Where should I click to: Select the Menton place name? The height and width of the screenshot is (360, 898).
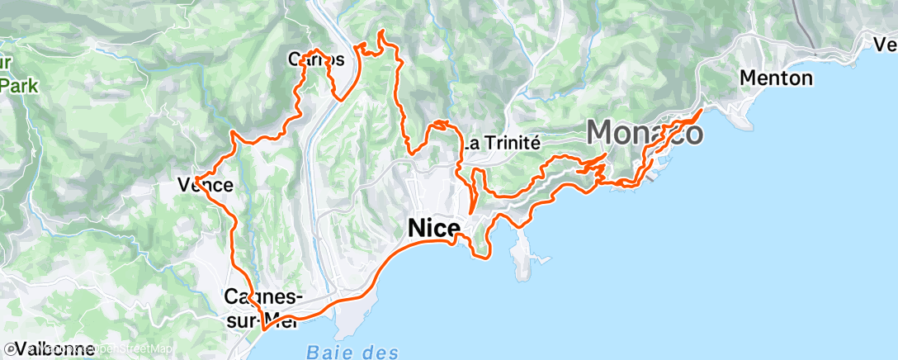click(777, 78)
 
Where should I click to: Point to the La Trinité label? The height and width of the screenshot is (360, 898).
click(501, 142)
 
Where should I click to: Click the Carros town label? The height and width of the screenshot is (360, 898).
click(315, 59)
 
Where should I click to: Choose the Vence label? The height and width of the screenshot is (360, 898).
click(206, 185)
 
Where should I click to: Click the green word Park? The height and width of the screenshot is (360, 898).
click(16, 85)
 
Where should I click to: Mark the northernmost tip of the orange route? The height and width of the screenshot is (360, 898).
click(381, 31)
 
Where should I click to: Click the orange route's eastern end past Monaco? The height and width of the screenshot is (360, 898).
click(702, 109)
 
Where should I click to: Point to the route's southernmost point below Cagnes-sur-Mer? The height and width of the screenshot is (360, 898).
click(263, 330)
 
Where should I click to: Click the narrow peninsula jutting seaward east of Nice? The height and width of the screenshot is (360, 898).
click(520, 260)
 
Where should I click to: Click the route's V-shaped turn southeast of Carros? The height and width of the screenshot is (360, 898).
click(339, 98)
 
